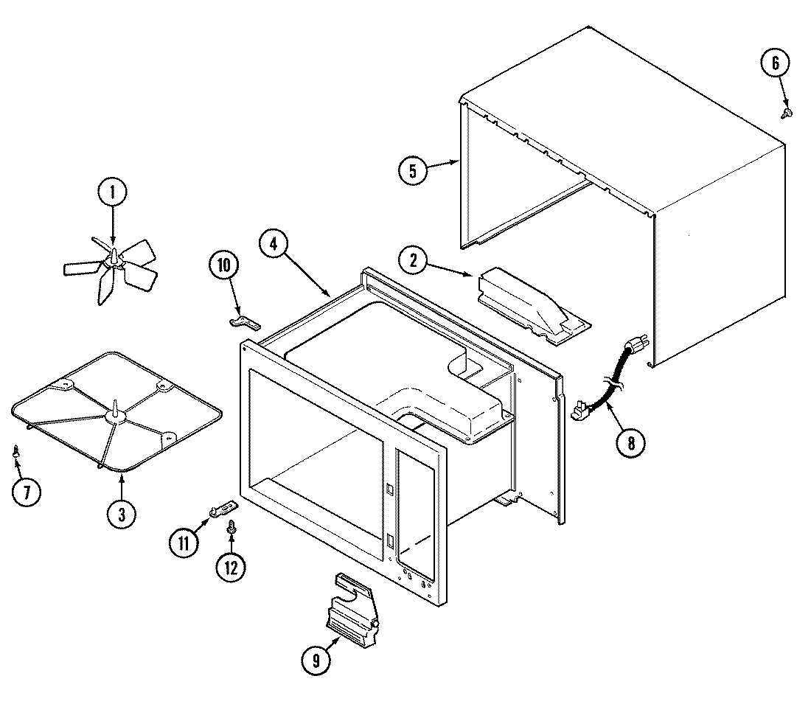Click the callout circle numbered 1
(x=113, y=194)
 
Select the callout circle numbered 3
(x=121, y=515)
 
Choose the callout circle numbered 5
(x=412, y=171)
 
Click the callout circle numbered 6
(x=775, y=63)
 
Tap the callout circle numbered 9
(x=316, y=661)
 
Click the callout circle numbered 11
(x=184, y=543)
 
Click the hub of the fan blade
(x=113, y=258)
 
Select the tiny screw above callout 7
(x=16, y=451)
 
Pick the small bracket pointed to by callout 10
(x=243, y=321)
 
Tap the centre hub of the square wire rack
(x=116, y=417)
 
